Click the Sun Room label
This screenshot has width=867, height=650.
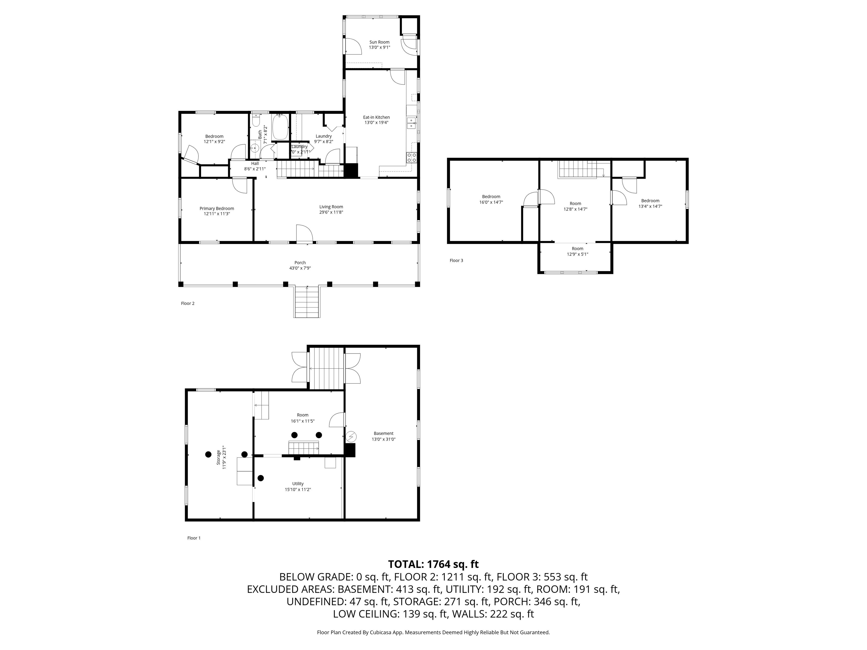(379, 42)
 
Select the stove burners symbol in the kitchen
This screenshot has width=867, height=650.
(411, 157)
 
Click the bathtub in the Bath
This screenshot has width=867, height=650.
(280, 127)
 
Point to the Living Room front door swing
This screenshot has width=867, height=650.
(304, 234)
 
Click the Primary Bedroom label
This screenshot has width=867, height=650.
(217, 208)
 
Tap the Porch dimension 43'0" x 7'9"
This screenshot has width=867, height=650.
(300, 268)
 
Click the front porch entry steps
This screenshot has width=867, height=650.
(307, 302)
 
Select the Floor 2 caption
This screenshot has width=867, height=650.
(188, 303)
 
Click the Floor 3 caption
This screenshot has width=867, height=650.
(456, 261)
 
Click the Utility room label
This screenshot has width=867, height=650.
(297, 484)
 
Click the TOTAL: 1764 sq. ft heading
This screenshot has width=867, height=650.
(433, 564)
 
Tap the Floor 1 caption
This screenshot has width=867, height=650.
(194, 538)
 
